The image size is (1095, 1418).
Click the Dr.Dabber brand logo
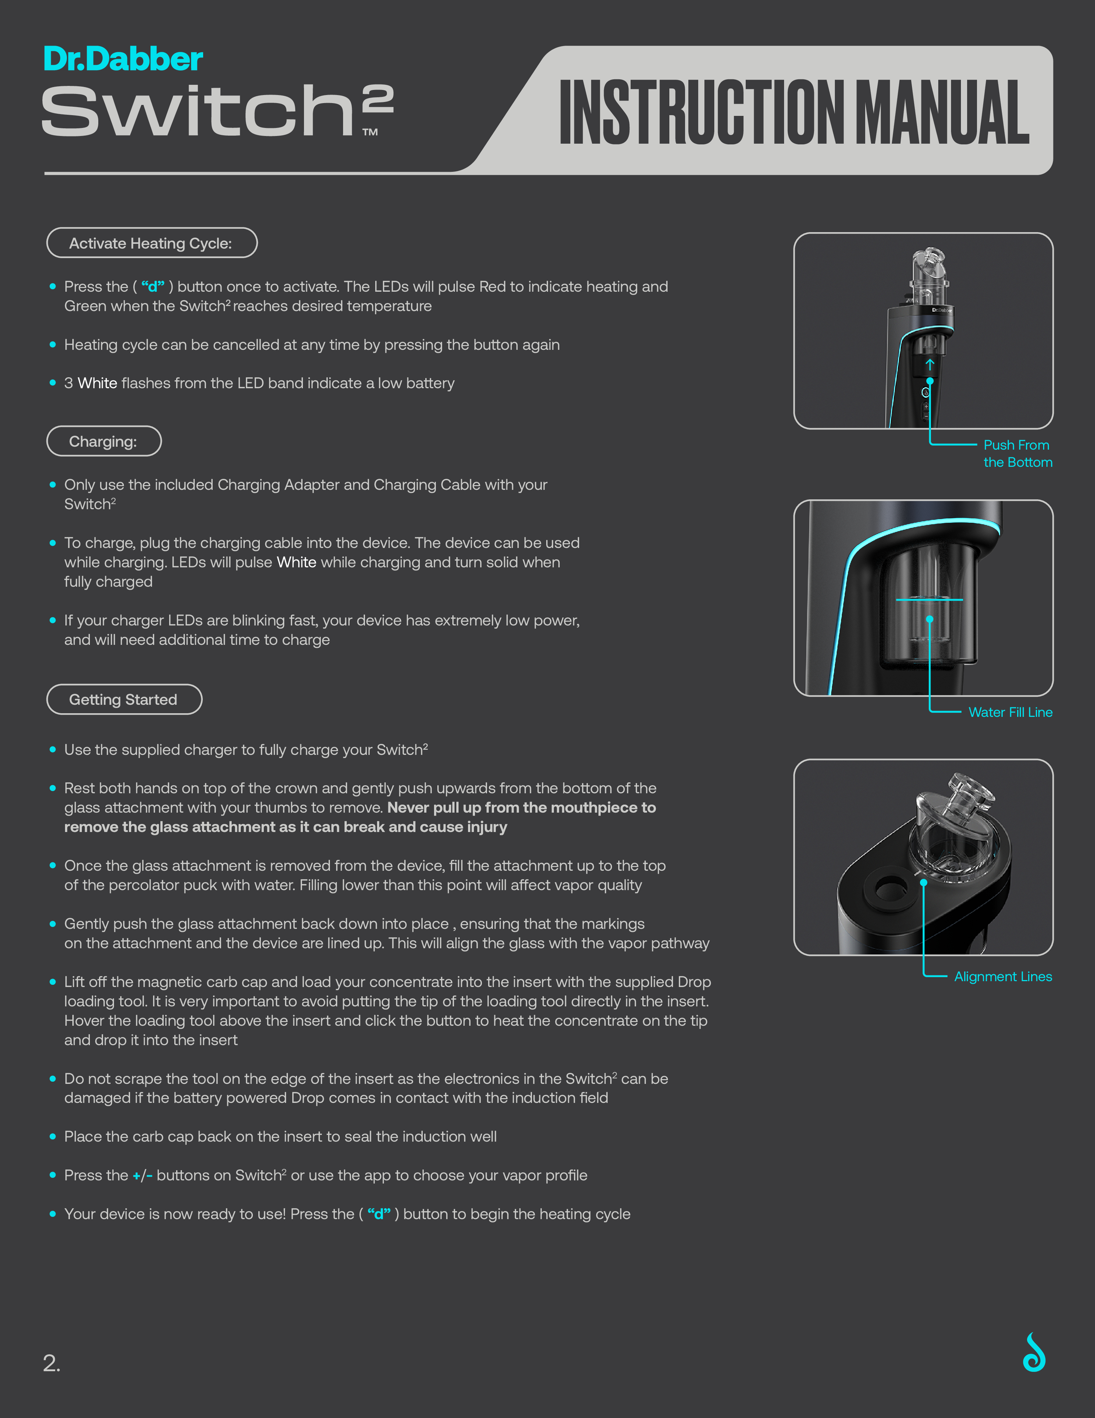[x=123, y=59]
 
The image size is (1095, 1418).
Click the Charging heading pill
[x=104, y=442]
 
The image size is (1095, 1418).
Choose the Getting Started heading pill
[x=124, y=699]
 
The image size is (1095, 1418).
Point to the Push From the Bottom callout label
[x=1017, y=453]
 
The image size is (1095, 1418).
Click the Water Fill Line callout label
[x=1010, y=712]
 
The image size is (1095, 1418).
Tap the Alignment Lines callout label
[x=1003, y=976]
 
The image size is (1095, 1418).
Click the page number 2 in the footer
[x=51, y=1363]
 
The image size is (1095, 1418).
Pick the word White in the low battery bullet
[x=97, y=383]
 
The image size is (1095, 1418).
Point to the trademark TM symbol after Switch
[x=370, y=132]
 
